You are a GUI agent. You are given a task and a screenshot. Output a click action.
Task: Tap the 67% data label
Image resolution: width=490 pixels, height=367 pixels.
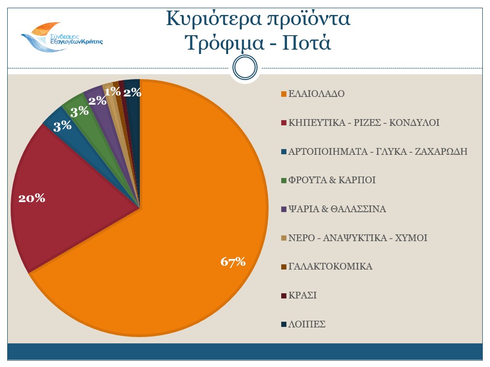[233, 262]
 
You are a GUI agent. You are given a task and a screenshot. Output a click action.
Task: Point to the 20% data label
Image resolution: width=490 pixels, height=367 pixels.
[31, 198]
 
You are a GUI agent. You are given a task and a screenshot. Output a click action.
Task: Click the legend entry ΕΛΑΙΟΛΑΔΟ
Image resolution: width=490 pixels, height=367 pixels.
[316, 94]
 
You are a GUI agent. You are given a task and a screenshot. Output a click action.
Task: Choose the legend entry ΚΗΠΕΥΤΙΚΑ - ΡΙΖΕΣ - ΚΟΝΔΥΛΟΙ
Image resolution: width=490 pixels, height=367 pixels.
[364, 122]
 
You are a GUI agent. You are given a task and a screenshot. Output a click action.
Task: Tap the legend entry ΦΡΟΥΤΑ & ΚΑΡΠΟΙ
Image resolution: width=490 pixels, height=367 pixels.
[332, 180]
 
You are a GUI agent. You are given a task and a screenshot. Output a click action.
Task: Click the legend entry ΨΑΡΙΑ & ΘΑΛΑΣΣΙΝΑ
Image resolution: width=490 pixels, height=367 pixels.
[337, 209]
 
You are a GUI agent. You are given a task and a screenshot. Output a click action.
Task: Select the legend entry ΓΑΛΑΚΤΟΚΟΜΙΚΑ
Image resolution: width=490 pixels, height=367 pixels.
[330, 267]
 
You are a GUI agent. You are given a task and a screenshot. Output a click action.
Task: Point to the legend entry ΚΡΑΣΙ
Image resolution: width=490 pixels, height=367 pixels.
[302, 296]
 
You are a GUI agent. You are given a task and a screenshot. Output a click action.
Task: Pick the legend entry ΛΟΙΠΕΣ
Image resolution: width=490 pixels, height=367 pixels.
[307, 325]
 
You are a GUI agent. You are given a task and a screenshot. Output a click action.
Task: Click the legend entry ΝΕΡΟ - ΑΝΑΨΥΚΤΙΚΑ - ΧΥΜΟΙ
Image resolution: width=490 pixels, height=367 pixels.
[357, 238]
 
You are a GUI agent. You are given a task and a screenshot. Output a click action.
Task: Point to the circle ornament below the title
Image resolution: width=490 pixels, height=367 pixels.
[245, 67]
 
